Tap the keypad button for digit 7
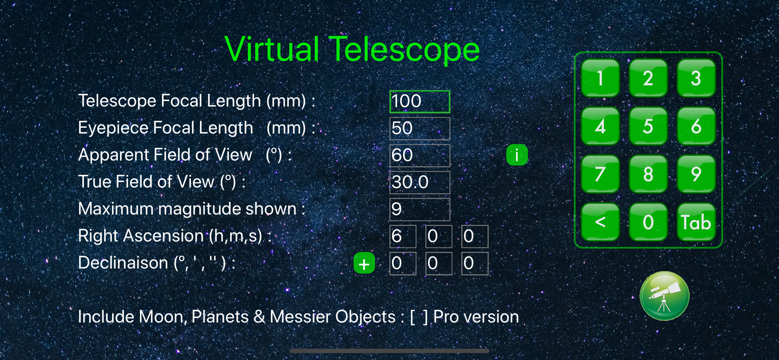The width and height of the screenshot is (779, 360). (600, 174)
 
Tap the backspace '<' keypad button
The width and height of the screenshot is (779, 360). (600, 222)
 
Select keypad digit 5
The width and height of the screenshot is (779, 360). (648, 126)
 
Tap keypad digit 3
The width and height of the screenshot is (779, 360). (696, 78)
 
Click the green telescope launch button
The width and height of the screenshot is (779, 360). (665, 296)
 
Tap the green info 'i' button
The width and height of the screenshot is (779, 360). (517, 155)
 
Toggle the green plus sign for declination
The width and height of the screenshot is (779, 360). (364, 263)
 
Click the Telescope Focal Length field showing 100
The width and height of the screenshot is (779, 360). (420, 101)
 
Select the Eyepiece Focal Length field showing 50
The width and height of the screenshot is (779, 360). (420, 129)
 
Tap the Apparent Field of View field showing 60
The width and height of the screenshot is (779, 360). (420, 155)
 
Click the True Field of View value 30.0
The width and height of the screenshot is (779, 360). (420, 182)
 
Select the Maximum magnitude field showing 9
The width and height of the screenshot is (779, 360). (420, 209)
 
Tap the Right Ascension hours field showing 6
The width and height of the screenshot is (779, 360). (403, 236)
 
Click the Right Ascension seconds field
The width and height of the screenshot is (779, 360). (475, 236)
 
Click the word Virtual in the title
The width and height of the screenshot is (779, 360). (272, 49)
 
